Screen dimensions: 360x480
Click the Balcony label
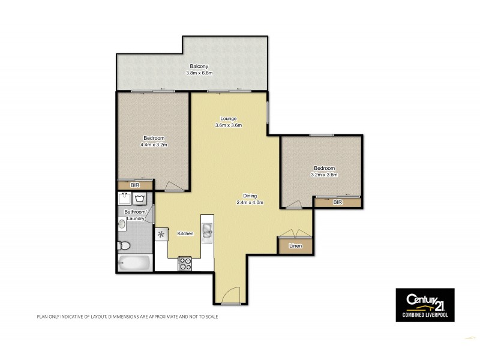(x=198, y=65)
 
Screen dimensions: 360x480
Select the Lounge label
(x=228, y=118)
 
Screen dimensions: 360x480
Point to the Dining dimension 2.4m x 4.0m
(x=250, y=203)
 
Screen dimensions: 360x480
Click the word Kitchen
(x=185, y=233)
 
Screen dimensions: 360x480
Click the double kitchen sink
(x=207, y=230)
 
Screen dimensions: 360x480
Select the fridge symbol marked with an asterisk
(x=161, y=234)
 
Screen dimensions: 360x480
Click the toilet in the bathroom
(x=123, y=245)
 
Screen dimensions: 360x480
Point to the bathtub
(x=133, y=262)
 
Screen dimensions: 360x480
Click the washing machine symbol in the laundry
(x=141, y=199)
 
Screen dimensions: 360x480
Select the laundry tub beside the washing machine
(x=124, y=199)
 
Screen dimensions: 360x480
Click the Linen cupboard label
(x=295, y=245)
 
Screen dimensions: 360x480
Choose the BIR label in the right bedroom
(x=338, y=203)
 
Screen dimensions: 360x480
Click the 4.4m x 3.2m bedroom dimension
(x=154, y=144)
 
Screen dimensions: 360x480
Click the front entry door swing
(x=228, y=296)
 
